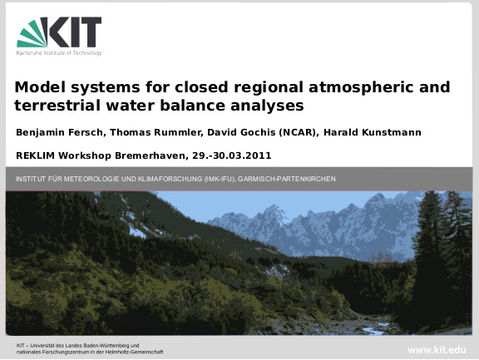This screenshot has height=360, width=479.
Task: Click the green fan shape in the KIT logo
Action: [33, 33]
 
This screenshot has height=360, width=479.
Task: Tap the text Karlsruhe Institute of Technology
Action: [59, 53]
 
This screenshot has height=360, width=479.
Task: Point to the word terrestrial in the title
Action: [57, 106]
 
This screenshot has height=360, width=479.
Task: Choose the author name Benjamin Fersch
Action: [60, 132]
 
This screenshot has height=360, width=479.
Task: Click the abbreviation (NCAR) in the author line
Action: [297, 132]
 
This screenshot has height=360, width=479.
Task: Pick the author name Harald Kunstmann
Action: [373, 132]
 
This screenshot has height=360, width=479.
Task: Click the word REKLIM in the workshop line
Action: [36, 155]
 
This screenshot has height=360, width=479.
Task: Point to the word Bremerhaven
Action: [150, 155]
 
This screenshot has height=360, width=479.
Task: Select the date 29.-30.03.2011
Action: [232, 155]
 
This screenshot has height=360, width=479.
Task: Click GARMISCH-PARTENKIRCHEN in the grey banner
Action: [287, 179]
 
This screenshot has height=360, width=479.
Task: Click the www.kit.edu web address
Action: [437, 350]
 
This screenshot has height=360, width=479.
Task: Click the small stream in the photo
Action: [373, 329]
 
